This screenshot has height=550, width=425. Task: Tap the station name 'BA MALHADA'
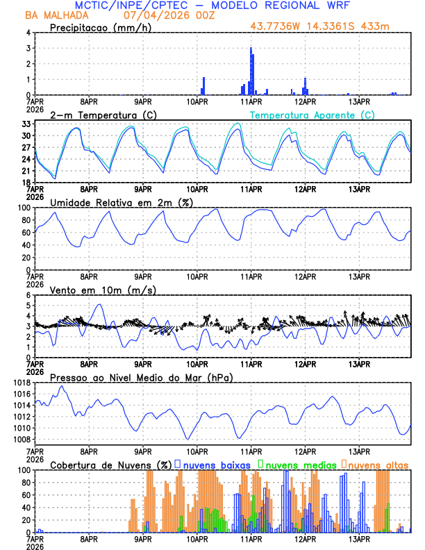[x=56, y=15]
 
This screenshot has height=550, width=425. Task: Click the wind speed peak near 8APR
[x=99, y=305]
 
